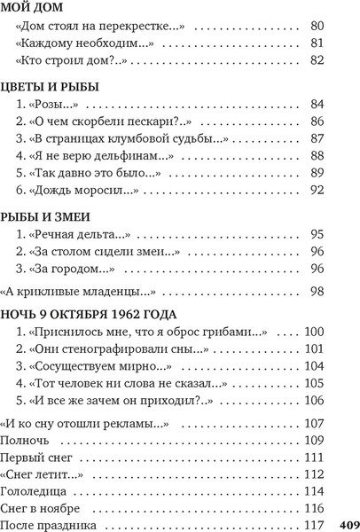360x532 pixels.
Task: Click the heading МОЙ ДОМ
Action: point(35,8)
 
